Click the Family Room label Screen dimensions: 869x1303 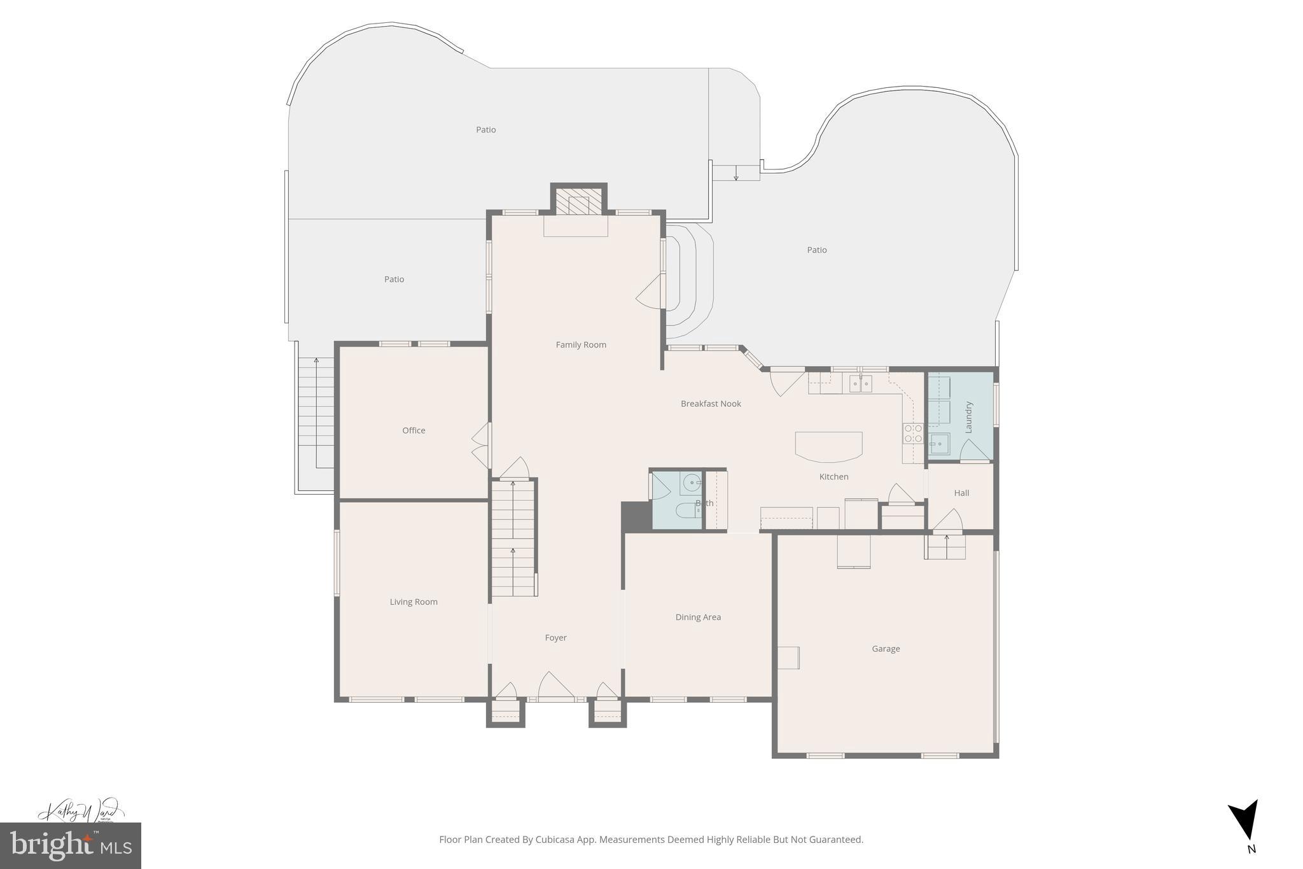tap(581, 344)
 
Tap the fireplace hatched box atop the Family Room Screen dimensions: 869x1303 tap(578, 203)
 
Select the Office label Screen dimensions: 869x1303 tap(414, 430)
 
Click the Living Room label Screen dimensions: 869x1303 tap(414, 602)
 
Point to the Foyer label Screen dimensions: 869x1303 tap(555, 637)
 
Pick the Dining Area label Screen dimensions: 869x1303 tap(698, 617)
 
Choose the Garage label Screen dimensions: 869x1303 tap(886, 649)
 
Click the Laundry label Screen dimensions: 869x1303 tap(969, 417)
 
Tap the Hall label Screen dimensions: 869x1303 tap(961, 493)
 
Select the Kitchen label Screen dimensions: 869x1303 tap(833, 476)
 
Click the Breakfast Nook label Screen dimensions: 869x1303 tap(711, 404)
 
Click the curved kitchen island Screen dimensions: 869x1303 tap(828, 446)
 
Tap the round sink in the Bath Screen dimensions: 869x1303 tap(692, 484)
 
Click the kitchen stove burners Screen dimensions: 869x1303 tap(913, 434)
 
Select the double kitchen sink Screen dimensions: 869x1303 tap(860, 384)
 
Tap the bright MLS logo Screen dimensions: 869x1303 tap(71, 845)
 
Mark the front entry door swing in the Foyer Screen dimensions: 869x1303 tap(555, 686)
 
